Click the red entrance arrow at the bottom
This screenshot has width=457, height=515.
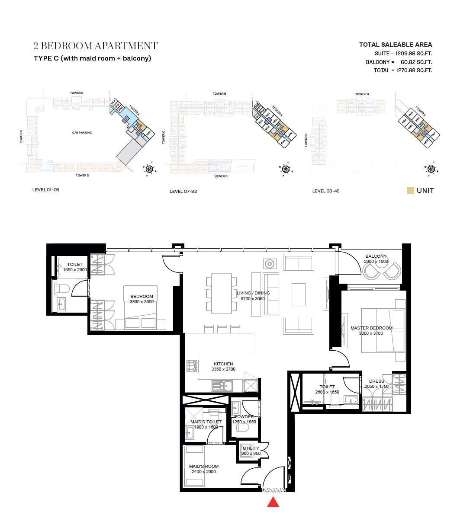pos(273,502)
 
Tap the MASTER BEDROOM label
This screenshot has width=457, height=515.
pos(371,328)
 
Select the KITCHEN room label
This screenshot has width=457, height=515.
pos(223,364)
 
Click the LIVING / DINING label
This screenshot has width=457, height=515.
pos(253,293)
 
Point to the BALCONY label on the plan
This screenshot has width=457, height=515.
pos(376,256)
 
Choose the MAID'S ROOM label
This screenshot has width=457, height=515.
pos(204,467)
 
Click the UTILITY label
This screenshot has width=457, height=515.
pos(251,448)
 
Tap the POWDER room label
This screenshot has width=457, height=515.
pos(244,417)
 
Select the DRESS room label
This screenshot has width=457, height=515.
pos(377,381)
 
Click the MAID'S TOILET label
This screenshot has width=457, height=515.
pos(206,422)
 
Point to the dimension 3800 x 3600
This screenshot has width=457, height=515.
pos(142,302)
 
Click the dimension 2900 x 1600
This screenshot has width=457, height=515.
pos(376,262)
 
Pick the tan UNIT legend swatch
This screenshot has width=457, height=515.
pos(411,191)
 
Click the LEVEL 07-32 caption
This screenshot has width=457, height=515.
pos(183,192)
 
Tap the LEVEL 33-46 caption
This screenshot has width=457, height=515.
pos(325,191)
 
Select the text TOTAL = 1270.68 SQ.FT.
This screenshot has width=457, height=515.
pos(403,70)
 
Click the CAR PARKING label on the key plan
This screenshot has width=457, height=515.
pos(82,133)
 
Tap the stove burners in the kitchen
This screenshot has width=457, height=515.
pos(192,366)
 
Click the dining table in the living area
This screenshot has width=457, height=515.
pos(222,293)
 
